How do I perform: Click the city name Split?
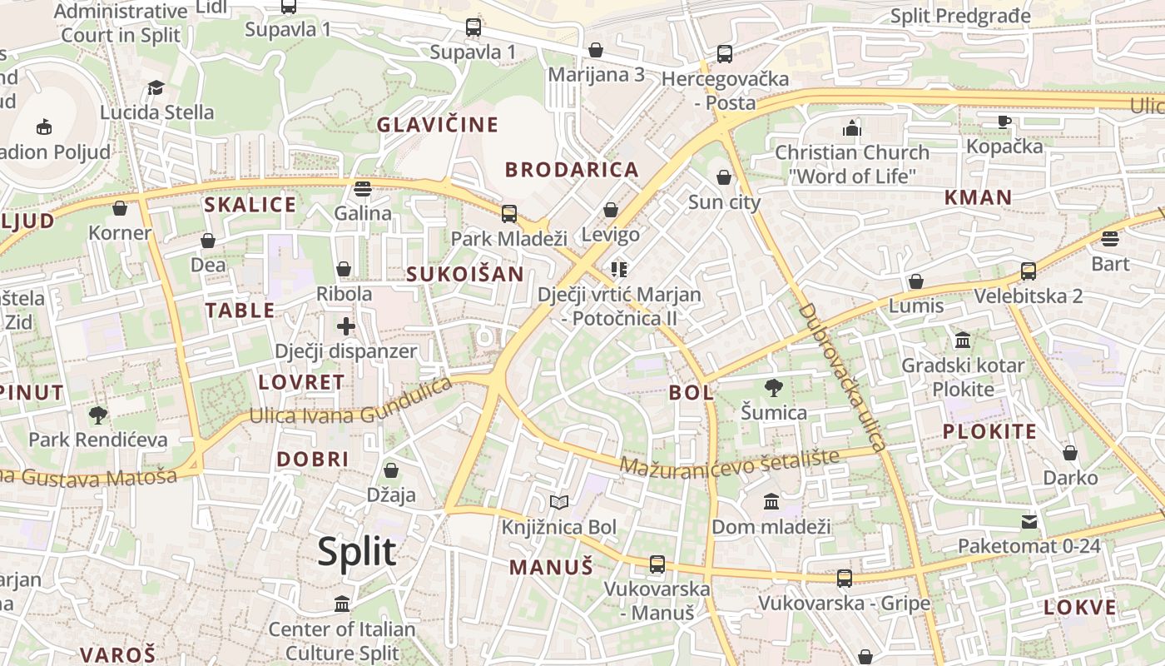coord(357,552)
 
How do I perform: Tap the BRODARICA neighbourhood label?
coord(572,170)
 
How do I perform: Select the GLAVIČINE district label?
coord(438,125)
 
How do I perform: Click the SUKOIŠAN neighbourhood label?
coord(465,274)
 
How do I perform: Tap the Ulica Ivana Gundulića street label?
coord(350,402)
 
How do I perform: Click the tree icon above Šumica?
coord(773,387)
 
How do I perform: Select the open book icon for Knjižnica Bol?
coord(559,502)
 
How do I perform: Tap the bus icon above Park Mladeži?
coord(508,214)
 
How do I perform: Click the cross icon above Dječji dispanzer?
coord(345,326)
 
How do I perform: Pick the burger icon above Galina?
coord(362,188)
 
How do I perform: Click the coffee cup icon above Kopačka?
coord(1004,122)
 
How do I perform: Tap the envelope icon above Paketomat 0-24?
coord(1029,522)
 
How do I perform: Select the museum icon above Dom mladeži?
coord(771,502)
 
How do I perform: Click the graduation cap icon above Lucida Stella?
coord(156,87)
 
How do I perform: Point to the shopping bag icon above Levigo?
coord(611,210)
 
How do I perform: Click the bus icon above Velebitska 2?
coord(1028,271)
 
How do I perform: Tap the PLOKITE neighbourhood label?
coord(989,431)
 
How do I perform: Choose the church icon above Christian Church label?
coord(850,128)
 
